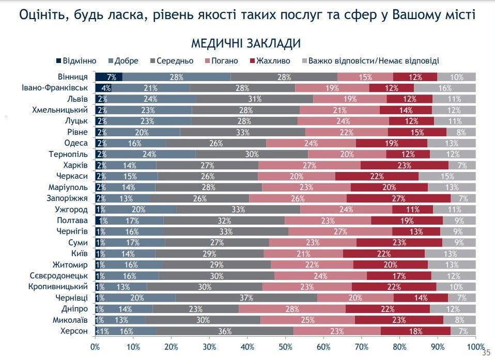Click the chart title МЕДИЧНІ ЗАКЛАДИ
[x=246, y=43]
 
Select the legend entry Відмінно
[x=75, y=61]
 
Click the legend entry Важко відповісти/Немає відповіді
[x=373, y=61]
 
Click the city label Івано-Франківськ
[x=56, y=88]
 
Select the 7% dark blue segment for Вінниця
[x=109, y=77]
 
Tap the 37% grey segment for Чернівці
[x=246, y=298]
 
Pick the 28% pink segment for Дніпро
[x=292, y=309]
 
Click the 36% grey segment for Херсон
[x=224, y=331]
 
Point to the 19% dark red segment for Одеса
[x=391, y=143]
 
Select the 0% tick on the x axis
[x=96, y=346]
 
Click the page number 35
[x=486, y=353]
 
